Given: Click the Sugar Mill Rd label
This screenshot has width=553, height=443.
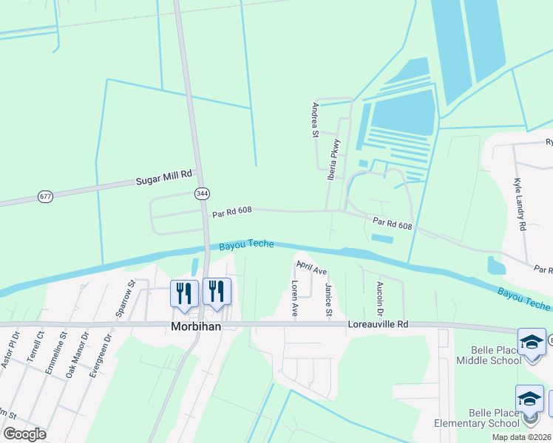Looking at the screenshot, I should (x=163, y=178).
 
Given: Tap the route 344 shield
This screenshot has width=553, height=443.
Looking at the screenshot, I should (x=201, y=193).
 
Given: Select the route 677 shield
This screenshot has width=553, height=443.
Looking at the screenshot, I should (x=46, y=196).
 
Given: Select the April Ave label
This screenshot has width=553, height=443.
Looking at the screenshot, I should (x=311, y=267).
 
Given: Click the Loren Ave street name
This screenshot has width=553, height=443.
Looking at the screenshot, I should (x=294, y=299).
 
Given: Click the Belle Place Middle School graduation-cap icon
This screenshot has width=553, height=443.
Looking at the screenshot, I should (x=531, y=341).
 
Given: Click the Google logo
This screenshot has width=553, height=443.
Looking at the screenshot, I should (x=25, y=434).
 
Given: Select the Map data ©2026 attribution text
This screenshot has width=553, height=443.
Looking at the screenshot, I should (x=521, y=437).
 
